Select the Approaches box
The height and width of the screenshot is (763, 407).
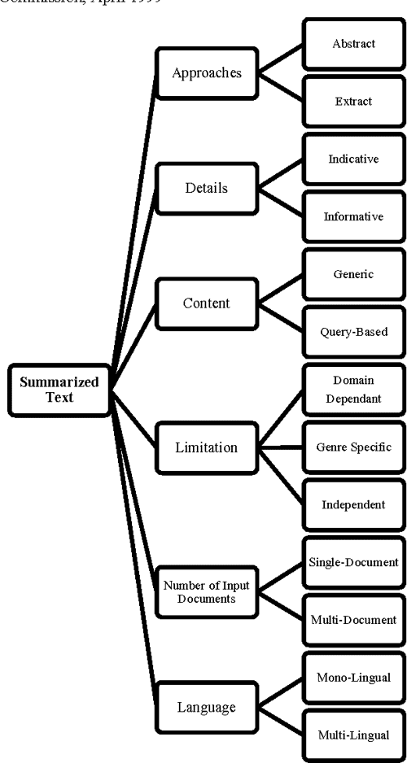pos(207,72)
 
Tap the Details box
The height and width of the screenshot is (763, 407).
pos(207,188)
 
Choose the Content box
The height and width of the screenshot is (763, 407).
pos(207,303)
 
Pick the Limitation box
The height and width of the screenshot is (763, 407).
pos(207,447)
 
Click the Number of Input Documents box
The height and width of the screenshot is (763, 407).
pos(207,591)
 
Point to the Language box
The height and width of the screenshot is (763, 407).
pos(207,706)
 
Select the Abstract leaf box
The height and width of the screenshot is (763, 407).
pos(353,44)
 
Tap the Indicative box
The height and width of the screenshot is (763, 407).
pos(353,159)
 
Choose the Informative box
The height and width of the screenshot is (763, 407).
pos(353,217)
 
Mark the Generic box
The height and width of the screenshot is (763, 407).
pos(353,275)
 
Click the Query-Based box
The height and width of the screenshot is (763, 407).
pos(353,332)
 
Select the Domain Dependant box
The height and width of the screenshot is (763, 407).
pos(353,390)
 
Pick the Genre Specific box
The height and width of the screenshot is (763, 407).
pos(353,447)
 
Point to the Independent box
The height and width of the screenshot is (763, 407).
pos(353,505)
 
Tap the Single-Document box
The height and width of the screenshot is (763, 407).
pos(353,562)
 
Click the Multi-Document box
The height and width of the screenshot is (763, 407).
pos(353,620)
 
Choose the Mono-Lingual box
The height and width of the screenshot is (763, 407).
pos(353,678)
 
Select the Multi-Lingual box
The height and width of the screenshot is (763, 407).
pos(353,735)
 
